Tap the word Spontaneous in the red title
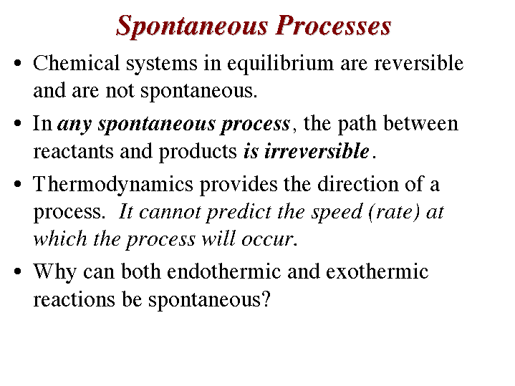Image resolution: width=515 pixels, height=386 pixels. pyautogui.click(x=192, y=26)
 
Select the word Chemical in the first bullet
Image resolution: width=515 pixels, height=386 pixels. pyautogui.click(x=76, y=63)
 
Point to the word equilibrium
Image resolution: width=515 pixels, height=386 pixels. pyautogui.click(x=280, y=64)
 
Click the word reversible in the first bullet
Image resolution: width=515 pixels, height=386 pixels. pyautogui.click(x=419, y=63)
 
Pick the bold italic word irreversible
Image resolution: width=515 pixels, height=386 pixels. pyautogui.click(x=317, y=151)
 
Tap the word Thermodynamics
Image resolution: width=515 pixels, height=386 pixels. pyautogui.click(x=113, y=185)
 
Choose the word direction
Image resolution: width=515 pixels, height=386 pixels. pyautogui.click(x=357, y=183)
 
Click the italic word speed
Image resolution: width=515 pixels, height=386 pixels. pyautogui.click(x=337, y=213)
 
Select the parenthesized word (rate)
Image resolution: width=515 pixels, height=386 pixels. pyautogui.click(x=394, y=212)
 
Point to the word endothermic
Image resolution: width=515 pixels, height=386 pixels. pyautogui.click(x=223, y=271)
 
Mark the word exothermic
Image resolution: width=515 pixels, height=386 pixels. pyautogui.click(x=377, y=271)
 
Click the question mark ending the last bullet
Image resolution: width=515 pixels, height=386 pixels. pyautogui.click(x=266, y=299)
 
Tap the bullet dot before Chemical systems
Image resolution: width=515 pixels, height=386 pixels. pyautogui.click(x=18, y=63)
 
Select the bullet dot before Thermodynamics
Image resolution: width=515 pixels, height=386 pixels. pyautogui.click(x=18, y=183)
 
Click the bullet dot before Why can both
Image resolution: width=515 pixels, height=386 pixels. pyautogui.click(x=18, y=271)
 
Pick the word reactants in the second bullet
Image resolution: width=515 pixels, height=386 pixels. pyautogui.click(x=73, y=152)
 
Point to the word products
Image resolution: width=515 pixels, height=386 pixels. pyautogui.click(x=198, y=152)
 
